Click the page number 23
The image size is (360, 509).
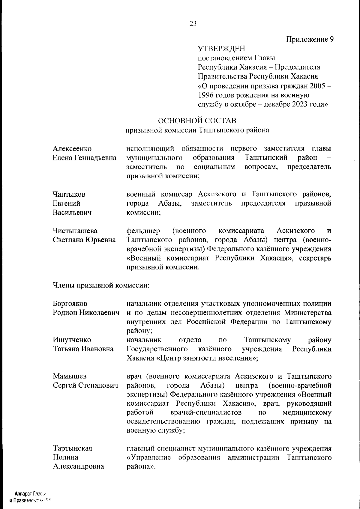click(193, 24)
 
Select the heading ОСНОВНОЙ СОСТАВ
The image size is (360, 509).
click(197, 121)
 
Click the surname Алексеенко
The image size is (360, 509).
click(72, 149)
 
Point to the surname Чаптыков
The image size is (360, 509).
click(69, 194)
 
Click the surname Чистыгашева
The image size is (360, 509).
click(75, 231)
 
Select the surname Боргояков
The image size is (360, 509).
click(70, 304)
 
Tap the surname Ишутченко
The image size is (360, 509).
click(72, 340)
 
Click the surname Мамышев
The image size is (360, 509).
click(70, 376)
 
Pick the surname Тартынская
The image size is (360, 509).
click(72, 448)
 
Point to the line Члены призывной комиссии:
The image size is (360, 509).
click(101, 285)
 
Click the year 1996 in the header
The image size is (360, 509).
click(206, 95)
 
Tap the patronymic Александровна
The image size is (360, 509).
click(79, 466)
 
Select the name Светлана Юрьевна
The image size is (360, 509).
click(84, 240)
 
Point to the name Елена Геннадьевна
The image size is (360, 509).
click(85, 158)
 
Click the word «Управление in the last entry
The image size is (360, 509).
click(149, 457)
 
